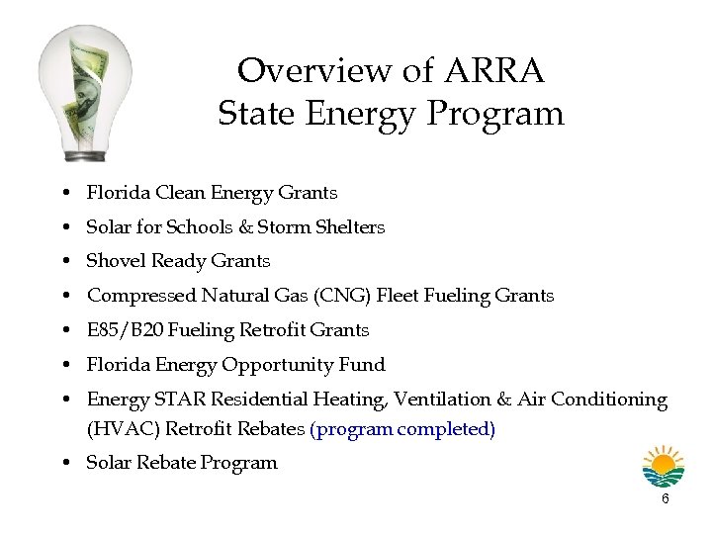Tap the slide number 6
[x=665, y=499]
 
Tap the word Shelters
[x=350, y=227]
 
